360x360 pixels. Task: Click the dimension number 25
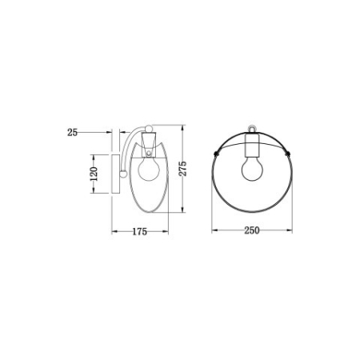click(x=72, y=133)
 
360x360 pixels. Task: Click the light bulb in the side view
click(x=146, y=170)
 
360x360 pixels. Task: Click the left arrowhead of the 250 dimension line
click(x=214, y=234)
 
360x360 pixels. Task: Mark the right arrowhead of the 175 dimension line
click(x=168, y=234)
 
